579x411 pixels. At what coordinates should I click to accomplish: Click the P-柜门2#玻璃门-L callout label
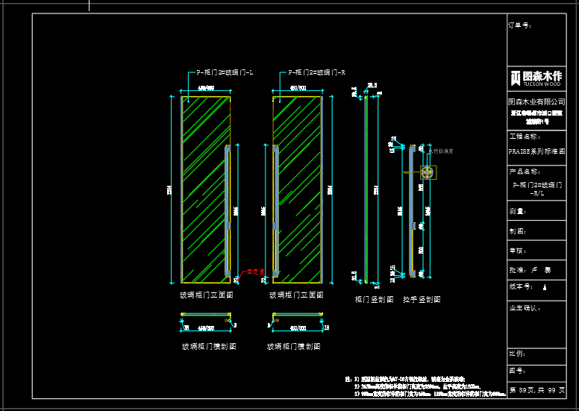(x=225, y=72)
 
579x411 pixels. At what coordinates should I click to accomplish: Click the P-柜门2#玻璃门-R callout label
(x=316, y=72)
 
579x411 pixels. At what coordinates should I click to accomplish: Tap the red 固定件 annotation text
(x=256, y=272)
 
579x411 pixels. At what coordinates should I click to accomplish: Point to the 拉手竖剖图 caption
(x=422, y=299)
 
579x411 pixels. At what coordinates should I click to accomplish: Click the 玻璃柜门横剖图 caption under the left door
(x=210, y=347)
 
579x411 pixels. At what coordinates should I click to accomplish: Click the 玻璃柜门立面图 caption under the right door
(x=296, y=295)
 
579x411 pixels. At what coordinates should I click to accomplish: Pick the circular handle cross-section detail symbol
(x=427, y=172)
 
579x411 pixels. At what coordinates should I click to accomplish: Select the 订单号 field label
(x=520, y=25)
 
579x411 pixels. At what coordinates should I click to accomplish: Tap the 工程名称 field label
(x=524, y=137)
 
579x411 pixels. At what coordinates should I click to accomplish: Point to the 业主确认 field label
(x=524, y=307)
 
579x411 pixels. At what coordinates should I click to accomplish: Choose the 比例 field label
(x=516, y=353)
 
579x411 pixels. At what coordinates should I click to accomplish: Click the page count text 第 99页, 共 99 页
(x=536, y=389)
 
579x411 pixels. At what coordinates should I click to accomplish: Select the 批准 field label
(x=516, y=270)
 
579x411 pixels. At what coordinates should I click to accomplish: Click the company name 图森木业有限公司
(x=536, y=101)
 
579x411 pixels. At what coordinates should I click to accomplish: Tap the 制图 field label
(x=516, y=231)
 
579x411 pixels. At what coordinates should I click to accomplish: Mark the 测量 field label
(x=516, y=212)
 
